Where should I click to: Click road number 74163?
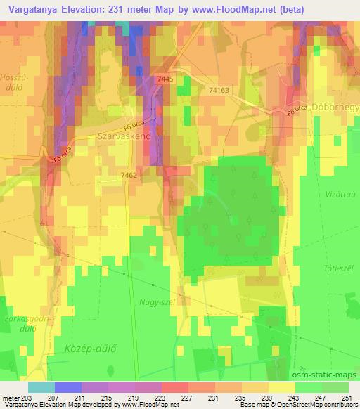[219, 90]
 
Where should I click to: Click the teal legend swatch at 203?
[41, 387]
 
